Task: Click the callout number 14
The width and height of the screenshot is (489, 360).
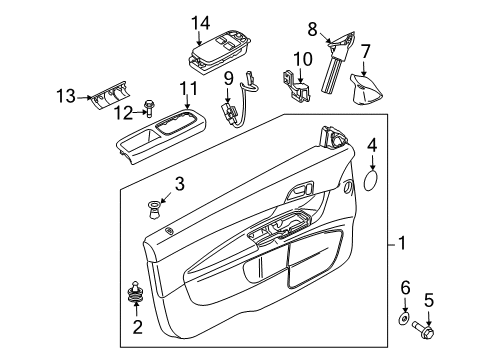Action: pyautogui.click(x=200, y=21)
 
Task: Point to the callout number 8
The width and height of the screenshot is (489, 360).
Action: pyautogui.click(x=312, y=29)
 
